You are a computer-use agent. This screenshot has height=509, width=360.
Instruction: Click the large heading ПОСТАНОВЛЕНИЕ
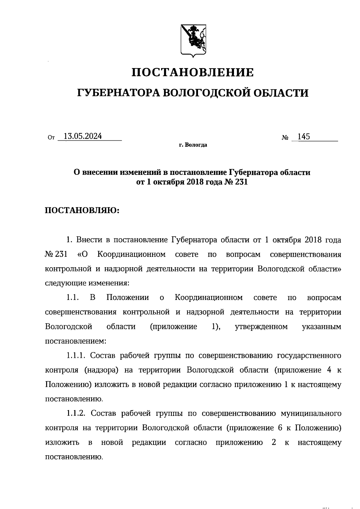[x=193, y=72]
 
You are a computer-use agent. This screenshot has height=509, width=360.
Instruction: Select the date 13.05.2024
[x=83, y=136]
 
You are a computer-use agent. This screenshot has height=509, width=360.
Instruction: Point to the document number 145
[x=304, y=137]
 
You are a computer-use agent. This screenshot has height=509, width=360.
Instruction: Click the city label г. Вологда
[x=193, y=145]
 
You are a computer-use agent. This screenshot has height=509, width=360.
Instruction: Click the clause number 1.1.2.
[x=77, y=414]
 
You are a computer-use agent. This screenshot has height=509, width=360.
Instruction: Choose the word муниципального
[x=311, y=414]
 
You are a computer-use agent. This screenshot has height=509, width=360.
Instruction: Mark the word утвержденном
[x=261, y=327]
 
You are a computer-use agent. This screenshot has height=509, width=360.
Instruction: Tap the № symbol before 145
[x=285, y=138]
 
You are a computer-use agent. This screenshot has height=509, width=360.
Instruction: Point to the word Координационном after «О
[x=132, y=254]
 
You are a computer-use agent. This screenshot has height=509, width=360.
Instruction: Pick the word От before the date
[x=51, y=138]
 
